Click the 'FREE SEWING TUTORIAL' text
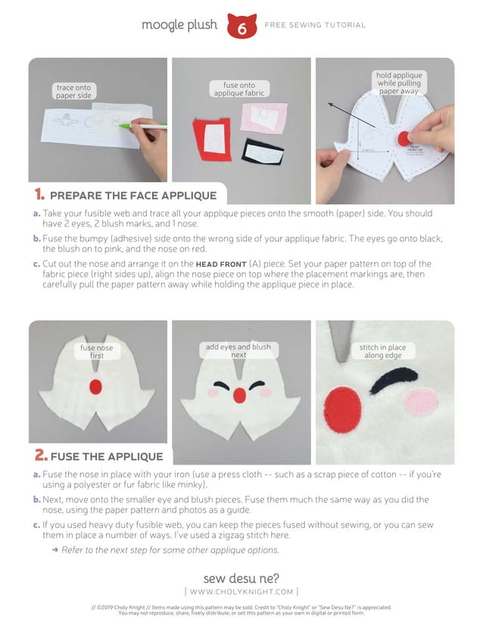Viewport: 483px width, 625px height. pyautogui.click(x=314, y=25)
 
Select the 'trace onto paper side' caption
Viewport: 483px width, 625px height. pyautogui.click(x=73, y=92)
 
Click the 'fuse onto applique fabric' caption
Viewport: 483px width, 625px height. pyautogui.click(x=239, y=89)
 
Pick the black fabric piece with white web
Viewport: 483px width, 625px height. pyautogui.click(x=261, y=154)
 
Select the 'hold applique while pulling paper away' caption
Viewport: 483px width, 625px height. pyautogui.click(x=399, y=83)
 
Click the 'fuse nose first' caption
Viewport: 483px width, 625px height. pyautogui.click(x=97, y=351)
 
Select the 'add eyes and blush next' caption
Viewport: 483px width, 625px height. pyautogui.click(x=238, y=350)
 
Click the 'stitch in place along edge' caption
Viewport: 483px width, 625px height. pyautogui.click(x=382, y=351)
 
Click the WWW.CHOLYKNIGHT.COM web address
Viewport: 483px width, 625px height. pyautogui.click(x=241, y=591)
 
